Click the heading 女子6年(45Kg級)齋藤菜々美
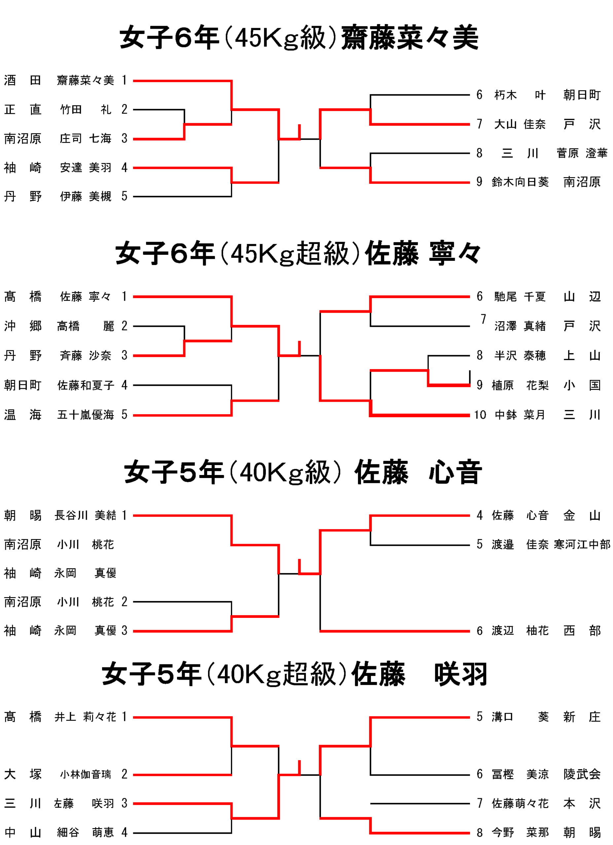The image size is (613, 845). pos(299,38)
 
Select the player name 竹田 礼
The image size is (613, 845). pos(86,110)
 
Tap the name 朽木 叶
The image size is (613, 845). pos(520,95)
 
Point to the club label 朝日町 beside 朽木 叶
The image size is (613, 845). pos(582,95)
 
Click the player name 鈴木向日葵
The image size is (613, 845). pos(520,182)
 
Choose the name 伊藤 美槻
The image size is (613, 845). pos(86,196)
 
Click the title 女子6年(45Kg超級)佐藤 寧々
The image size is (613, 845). pos(298,254)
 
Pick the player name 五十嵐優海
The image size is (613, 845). pos(86,415)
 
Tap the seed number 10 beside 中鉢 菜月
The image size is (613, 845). pos(480,415)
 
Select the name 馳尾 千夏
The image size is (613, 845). pos(520,296)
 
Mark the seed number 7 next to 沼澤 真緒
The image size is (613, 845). pos(483,319)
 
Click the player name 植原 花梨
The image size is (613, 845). pos(520,385)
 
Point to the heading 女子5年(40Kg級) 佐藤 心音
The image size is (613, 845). pos(303,472)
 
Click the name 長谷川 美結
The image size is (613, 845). pos(86,516)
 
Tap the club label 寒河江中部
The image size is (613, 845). pos(582,545)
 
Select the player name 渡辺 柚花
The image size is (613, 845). pos(520,631)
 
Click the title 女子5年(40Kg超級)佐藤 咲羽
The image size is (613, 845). pos(295,674)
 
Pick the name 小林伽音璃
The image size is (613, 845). pos(86,775)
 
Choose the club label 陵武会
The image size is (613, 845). pos(582,774)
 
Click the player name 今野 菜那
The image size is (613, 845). pos(520,832)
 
